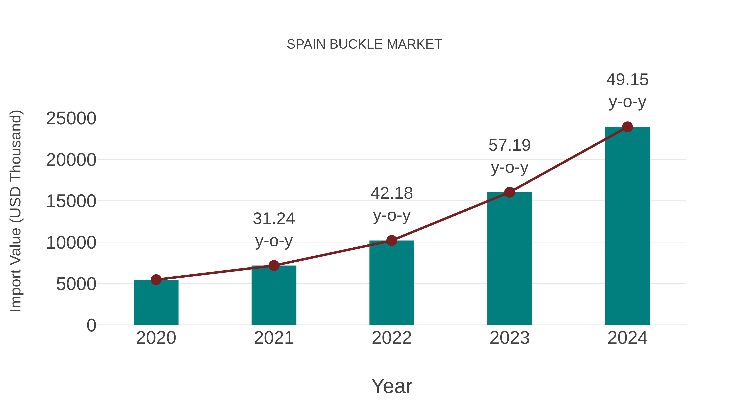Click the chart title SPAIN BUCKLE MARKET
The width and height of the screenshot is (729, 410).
[x=364, y=44]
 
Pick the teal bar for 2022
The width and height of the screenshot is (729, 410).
[x=392, y=283]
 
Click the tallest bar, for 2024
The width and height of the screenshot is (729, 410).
[x=627, y=226]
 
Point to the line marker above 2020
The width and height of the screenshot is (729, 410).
[x=156, y=280]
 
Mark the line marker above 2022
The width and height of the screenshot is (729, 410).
[x=392, y=241]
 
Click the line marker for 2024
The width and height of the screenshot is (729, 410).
[x=627, y=127]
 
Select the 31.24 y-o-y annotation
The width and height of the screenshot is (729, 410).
[x=274, y=230]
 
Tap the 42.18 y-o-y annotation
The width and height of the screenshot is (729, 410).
[x=392, y=204]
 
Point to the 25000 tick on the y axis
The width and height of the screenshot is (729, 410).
[x=71, y=119]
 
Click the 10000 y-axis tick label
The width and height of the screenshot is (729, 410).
[x=71, y=243]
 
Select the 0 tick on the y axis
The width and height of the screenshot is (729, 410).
[x=91, y=325]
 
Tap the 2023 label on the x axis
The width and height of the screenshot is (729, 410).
[x=509, y=338]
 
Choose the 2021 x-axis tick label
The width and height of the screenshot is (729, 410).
[x=274, y=338]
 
